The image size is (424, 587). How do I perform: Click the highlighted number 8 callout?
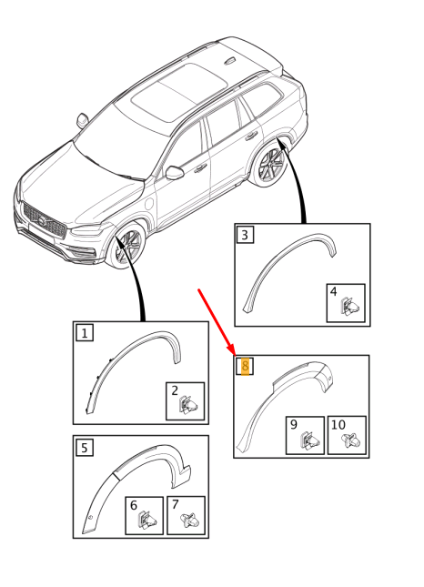[x=245, y=367]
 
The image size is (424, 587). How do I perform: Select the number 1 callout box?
[x=85, y=333]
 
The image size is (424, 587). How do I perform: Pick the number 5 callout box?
[x=85, y=447]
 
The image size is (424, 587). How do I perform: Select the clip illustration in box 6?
[x=146, y=522]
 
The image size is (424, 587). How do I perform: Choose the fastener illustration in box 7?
[x=189, y=522]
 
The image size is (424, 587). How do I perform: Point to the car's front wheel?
[x=126, y=247]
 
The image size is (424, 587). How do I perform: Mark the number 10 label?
[x=338, y=424]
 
